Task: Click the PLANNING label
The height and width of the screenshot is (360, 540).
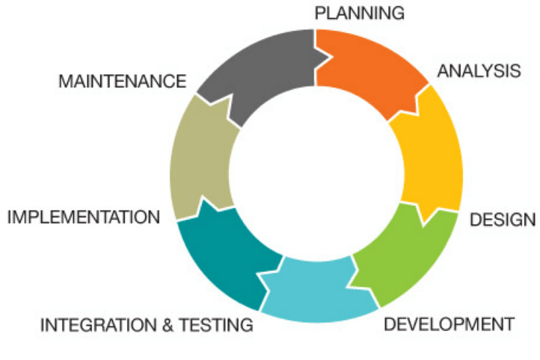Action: pos(360,13)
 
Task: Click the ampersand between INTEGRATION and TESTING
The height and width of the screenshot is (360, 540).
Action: pos(168,325)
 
